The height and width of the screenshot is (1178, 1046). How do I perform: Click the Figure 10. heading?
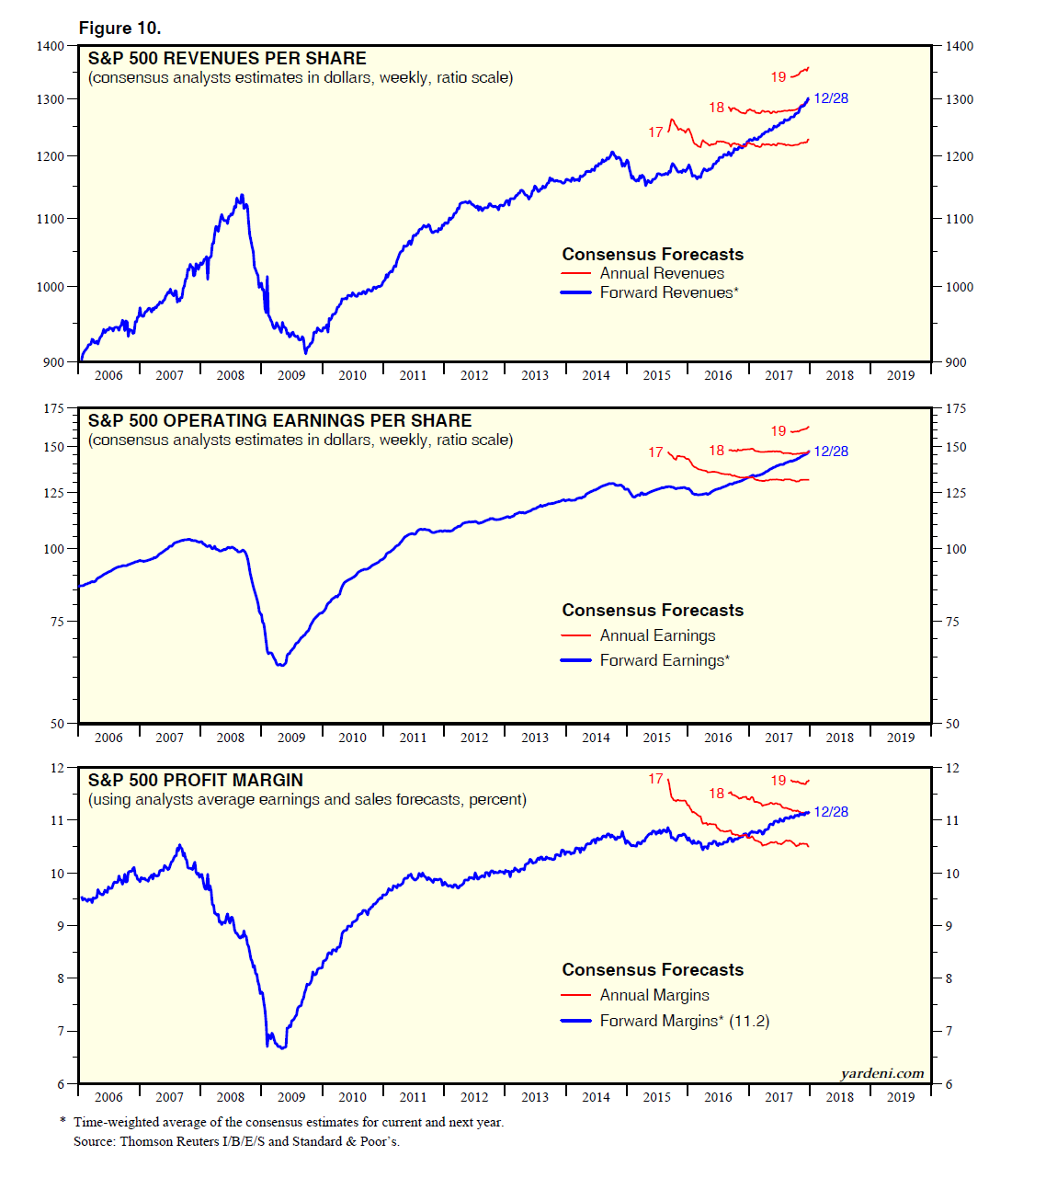click(x=119, y=29)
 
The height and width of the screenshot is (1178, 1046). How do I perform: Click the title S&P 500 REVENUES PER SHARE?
click(x=227, y=58)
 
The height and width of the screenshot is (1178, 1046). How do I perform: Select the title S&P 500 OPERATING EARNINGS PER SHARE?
click(x=279, y=420)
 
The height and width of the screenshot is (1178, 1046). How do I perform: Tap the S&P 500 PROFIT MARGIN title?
click(x=195, y=780)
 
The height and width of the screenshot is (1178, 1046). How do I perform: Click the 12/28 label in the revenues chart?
click(x=831, y=98)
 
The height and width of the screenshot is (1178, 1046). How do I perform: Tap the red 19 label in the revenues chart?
click(x=779, y=77)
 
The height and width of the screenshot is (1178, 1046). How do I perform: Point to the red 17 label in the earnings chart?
click(x=655, y=452)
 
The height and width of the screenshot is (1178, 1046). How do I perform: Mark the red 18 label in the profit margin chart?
click(x=717, y=794)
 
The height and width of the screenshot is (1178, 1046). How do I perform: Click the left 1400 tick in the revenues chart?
click(x=51, y=46)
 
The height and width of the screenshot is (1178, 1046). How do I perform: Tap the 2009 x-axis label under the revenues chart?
click(x=291, y=375)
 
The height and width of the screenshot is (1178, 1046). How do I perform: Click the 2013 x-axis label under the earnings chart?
click(x=535, y=738)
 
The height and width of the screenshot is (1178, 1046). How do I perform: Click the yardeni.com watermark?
click(x=881, y=1073)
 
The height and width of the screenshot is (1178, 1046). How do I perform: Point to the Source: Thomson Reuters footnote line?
click(x=236, y=1141)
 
